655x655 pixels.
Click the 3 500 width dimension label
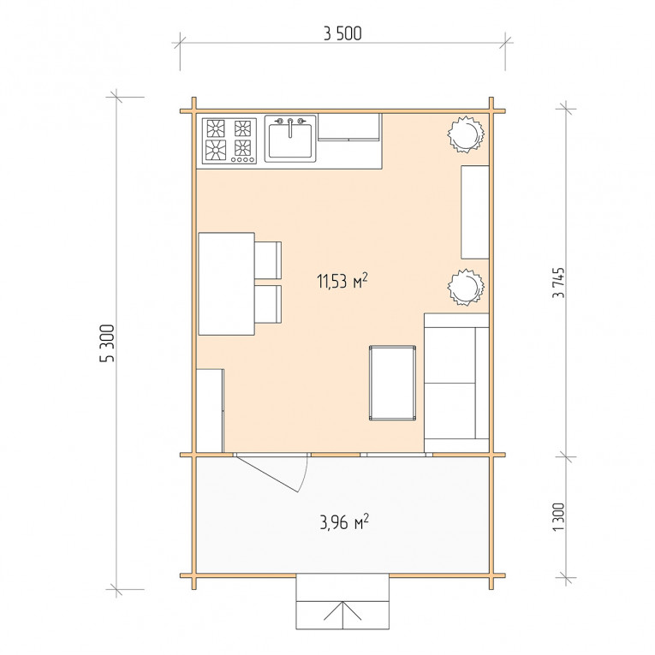342,34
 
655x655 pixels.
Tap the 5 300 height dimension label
107,343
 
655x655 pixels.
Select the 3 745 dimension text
558,283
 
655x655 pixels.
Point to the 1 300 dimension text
558,517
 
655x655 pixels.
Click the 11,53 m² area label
342,281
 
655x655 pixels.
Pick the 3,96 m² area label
344,521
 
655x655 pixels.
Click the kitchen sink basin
290,140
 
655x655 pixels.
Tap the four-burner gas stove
229,140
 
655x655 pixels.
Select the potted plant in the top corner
466,134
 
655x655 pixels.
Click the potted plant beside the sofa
466,287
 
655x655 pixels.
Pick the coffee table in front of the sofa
392,383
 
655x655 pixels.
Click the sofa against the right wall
456,382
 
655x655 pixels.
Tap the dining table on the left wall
226,283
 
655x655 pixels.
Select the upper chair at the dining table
268,259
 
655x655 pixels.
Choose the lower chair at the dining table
268,304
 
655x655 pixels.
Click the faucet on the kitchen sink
290,128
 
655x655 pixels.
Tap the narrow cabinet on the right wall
475,212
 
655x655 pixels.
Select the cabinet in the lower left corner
210,411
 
